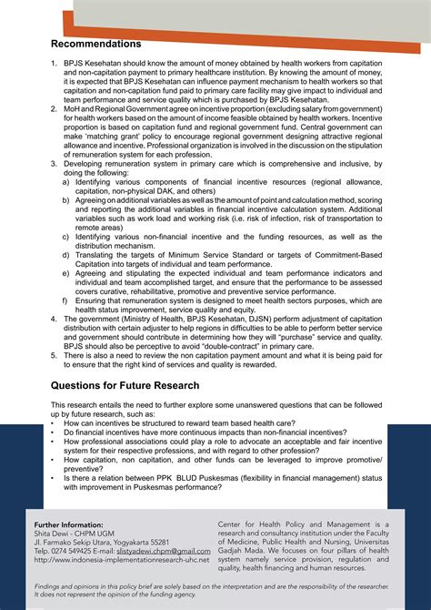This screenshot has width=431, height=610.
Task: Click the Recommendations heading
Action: [x=95, y=45]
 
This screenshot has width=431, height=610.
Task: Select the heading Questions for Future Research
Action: [x=125, y=385]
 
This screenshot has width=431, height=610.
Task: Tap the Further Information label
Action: [x=69, y=525]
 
